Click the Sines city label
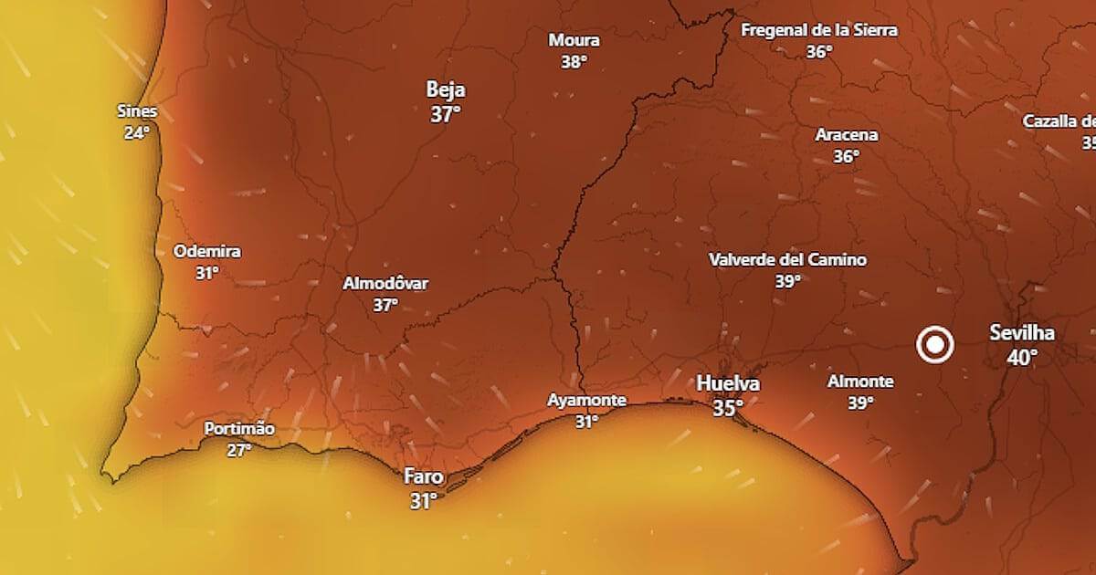pos(137,111)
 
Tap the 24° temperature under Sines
pos(137,132)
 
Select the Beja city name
pos(446,89)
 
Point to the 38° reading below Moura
pos(574,62)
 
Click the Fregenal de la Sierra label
pos(818,30)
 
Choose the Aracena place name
pos(847,135)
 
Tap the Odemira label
pos(207,251)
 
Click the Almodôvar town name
pos(385,283)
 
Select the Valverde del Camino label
pos(787,260)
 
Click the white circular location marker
pos(935,345)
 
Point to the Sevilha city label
pos(1022,333)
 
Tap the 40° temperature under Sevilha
pos(1022,357)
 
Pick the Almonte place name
pos(860,382)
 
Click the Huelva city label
pos(728,384)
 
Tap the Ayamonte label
pos(586,400)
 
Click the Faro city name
pos(424,476)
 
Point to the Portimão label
pos(239,428)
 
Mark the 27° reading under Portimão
pos(239,449)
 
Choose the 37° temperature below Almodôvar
pos(385,305)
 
